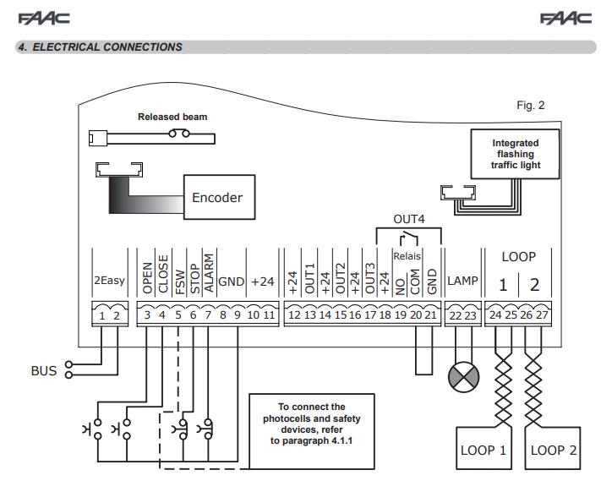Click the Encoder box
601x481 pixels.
217,198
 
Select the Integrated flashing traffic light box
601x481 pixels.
516,155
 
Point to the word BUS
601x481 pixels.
44,370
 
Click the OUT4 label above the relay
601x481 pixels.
408,219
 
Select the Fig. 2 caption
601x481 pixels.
531,106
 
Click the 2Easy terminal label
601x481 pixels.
109,281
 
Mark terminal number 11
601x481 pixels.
269,315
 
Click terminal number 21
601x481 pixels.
432,315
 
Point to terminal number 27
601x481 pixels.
543,315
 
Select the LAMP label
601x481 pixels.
462,281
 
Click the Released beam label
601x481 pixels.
172,117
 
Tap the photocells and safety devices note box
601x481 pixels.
312,430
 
